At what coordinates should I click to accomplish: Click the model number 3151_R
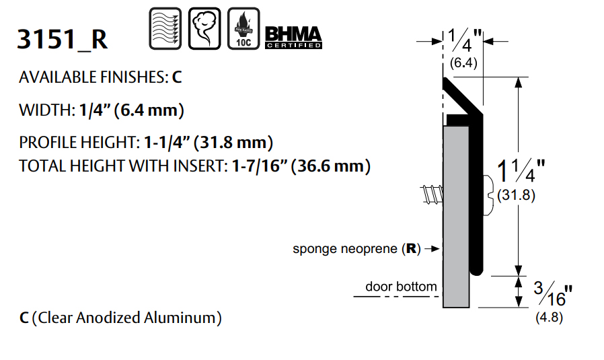pos(62,40)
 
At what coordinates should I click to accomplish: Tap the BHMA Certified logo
pos(293,36)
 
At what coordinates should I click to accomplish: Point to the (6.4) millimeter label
pos(463,64)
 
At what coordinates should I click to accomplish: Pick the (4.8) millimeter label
pos(549,316)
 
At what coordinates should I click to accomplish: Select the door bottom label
pos(401,287)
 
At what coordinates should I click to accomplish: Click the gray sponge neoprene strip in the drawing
pos(456,215)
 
